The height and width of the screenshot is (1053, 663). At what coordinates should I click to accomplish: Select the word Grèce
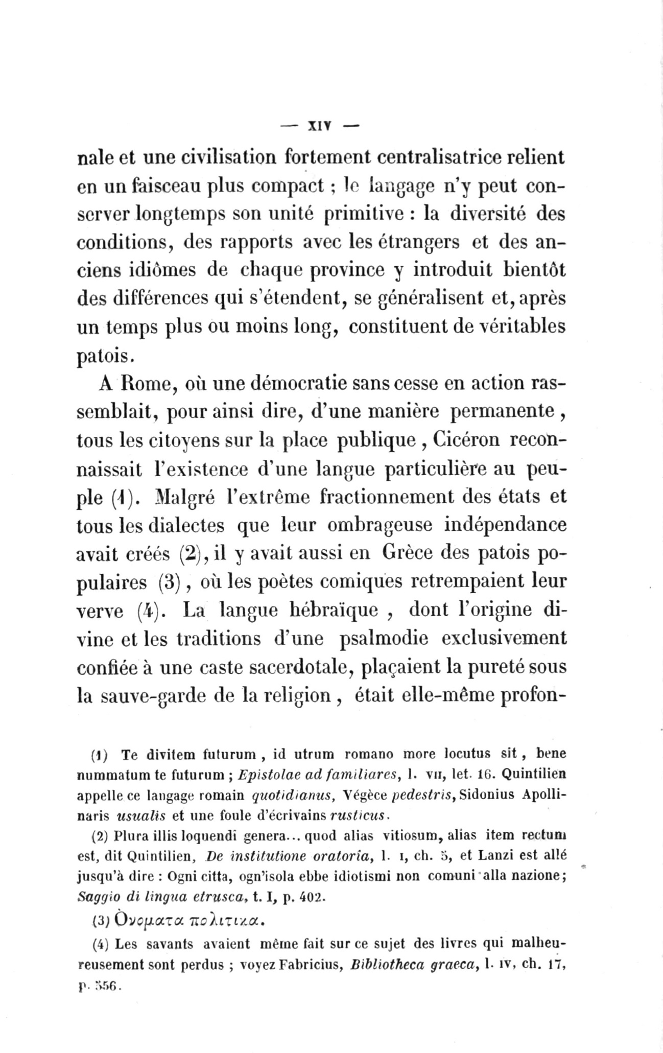coord(408,553)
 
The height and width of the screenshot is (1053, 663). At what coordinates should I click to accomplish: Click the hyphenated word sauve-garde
coord(172,697)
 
